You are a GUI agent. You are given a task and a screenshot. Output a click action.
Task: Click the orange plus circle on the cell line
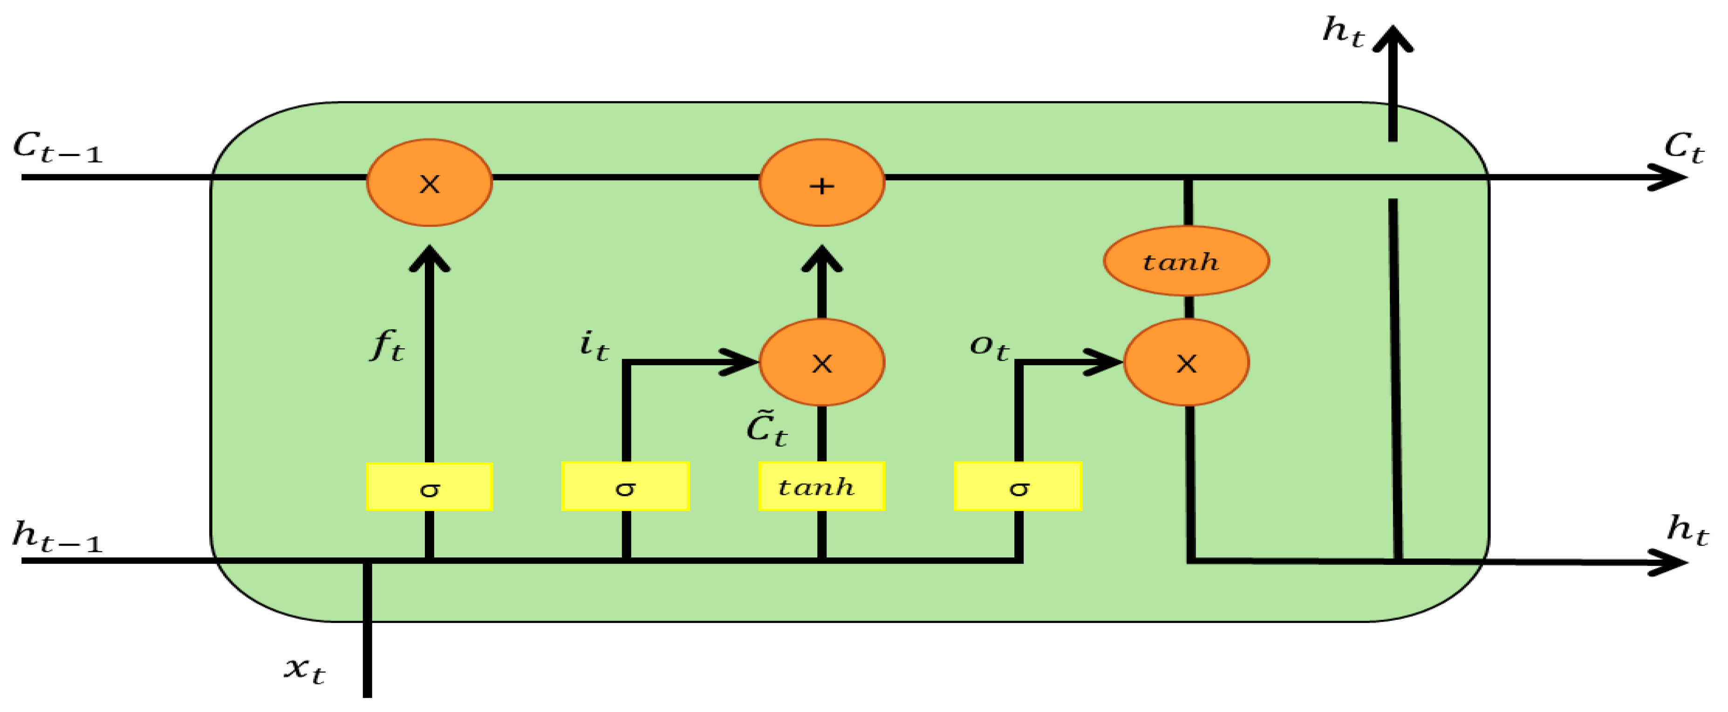[822, 183]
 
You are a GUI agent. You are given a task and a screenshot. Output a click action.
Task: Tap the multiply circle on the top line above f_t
[429, 183]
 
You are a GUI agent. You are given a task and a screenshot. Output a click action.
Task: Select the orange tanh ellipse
[1186, 261]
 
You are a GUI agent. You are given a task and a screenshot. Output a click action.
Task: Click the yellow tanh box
[822, 486]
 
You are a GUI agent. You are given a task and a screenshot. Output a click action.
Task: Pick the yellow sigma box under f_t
[429, 487]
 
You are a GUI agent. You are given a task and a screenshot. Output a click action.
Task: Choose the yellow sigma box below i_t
[625, 486]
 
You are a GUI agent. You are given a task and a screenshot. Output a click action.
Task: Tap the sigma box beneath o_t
[1018, 486]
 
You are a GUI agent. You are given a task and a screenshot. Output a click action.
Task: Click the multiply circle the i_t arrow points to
[822, 363]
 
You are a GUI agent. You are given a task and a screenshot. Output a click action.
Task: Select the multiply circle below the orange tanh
[1186, 363]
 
